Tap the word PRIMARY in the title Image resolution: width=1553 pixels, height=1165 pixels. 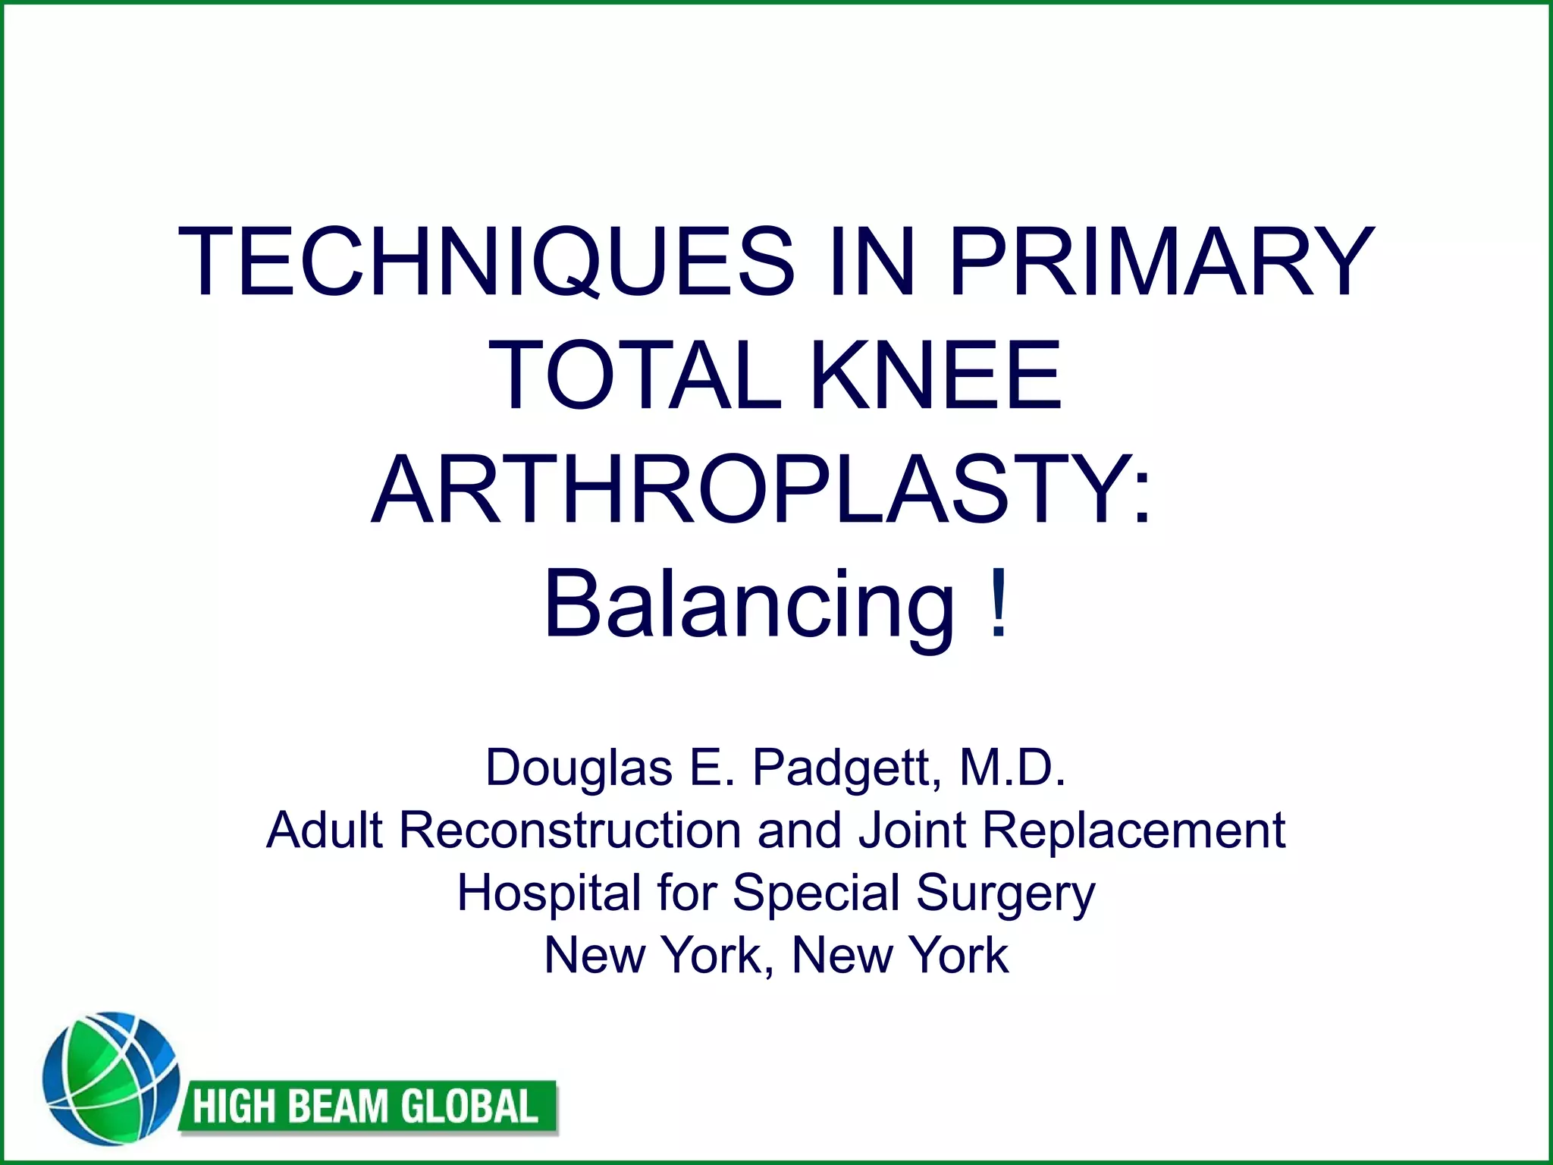[1160, 262]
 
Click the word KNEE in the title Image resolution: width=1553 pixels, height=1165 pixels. [936, 375]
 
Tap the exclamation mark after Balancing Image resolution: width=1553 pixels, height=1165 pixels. [999, 603]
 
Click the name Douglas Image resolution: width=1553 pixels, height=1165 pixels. [579, 768]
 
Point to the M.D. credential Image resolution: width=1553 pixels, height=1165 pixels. [1012, 768]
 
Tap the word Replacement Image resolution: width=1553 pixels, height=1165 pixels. [1134, 830]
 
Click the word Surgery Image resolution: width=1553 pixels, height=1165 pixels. [1006, 893]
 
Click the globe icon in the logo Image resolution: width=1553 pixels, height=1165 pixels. [110, 1078]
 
